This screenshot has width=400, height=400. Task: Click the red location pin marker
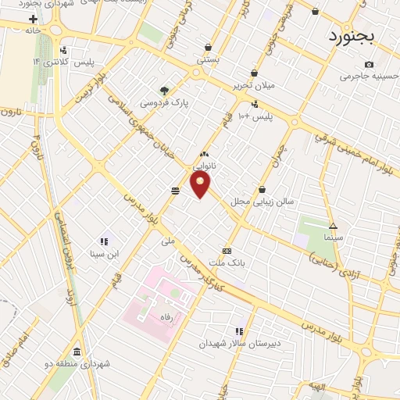point(201,184)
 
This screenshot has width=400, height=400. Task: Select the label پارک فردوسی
point(164,102)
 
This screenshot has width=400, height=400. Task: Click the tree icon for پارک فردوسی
point(163,90)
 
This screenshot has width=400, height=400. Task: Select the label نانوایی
point(205,166)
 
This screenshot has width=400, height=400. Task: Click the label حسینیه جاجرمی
point(370,77)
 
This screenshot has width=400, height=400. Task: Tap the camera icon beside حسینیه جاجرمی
point(369,64)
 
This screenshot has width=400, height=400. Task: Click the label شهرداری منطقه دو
point(78,364)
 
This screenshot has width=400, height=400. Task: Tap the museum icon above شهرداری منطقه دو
point(77,352)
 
